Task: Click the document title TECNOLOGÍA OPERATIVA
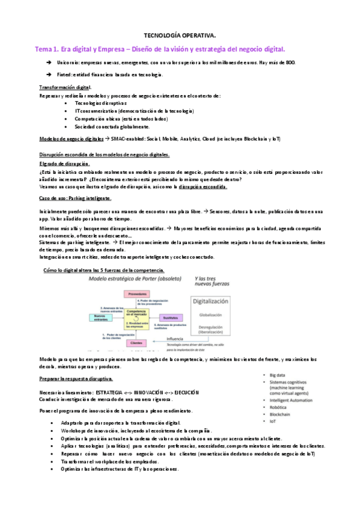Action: tap(180, 35)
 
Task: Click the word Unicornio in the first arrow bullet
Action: tap(67, 63)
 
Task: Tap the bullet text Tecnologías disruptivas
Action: tap(97, 103)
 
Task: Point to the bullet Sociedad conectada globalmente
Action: tap(112, 127)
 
